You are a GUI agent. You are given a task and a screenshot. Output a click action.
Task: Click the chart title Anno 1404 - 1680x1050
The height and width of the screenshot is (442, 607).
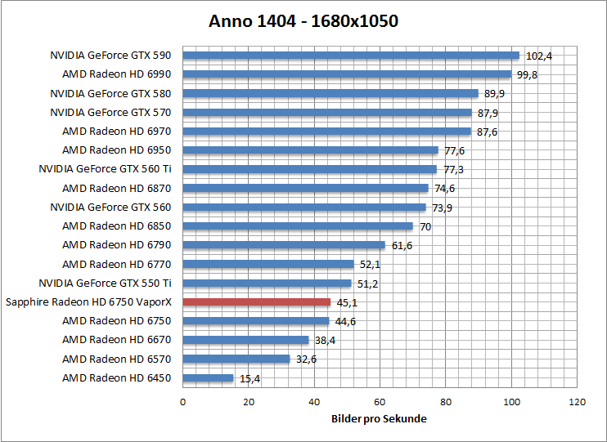pyautogui.click(x=303, y=21)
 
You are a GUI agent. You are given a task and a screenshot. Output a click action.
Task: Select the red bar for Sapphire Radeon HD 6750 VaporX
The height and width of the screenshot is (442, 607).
pyautogui.click(x=256, y=301)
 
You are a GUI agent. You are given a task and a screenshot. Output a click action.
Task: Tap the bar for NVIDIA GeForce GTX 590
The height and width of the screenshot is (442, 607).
pyautogui.click(x=351, y=56)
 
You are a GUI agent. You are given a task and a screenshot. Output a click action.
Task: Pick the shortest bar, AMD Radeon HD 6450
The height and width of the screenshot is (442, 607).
pyautogui.click(x=208, y=377)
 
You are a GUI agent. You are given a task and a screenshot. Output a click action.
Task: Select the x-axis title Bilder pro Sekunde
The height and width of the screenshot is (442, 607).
pyautogui.click(x=379, y=418)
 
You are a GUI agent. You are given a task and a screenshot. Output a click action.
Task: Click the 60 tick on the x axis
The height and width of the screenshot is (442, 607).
pyautogui.click(x=380, y=402)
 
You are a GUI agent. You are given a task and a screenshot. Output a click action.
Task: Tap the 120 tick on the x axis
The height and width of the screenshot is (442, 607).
pyautogui.click(x=577, y=402)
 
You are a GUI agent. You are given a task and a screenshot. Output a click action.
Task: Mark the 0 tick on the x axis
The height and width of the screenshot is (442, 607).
pyautogui.click(x=182, y=402)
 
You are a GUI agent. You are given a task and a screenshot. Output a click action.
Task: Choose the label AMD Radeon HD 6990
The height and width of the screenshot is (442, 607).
pyautogui.click(x=117, y=74)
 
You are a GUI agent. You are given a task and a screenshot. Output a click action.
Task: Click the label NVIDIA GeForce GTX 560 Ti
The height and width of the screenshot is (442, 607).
pyautogui.click(x=105, y=169)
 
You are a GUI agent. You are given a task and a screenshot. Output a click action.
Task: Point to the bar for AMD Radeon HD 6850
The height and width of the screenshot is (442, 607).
pyautogui.click(x=298, y=226)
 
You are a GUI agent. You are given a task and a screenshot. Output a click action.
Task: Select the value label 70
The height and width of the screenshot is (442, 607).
pyautogui.click(x=425, y=226)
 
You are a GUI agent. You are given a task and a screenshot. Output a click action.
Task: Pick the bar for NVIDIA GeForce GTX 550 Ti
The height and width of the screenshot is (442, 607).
pyautogui.click(x=267, y=283)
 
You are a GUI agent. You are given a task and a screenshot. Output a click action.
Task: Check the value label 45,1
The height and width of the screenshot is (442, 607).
pyautogui.click(x=347, y=301)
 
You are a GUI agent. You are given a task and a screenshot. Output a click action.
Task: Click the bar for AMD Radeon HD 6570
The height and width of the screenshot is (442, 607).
pyautogui.click(x=236, y=359)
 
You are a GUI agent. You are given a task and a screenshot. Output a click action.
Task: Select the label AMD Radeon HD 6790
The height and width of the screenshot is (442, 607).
pyautogui.click(x=117, y=245)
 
